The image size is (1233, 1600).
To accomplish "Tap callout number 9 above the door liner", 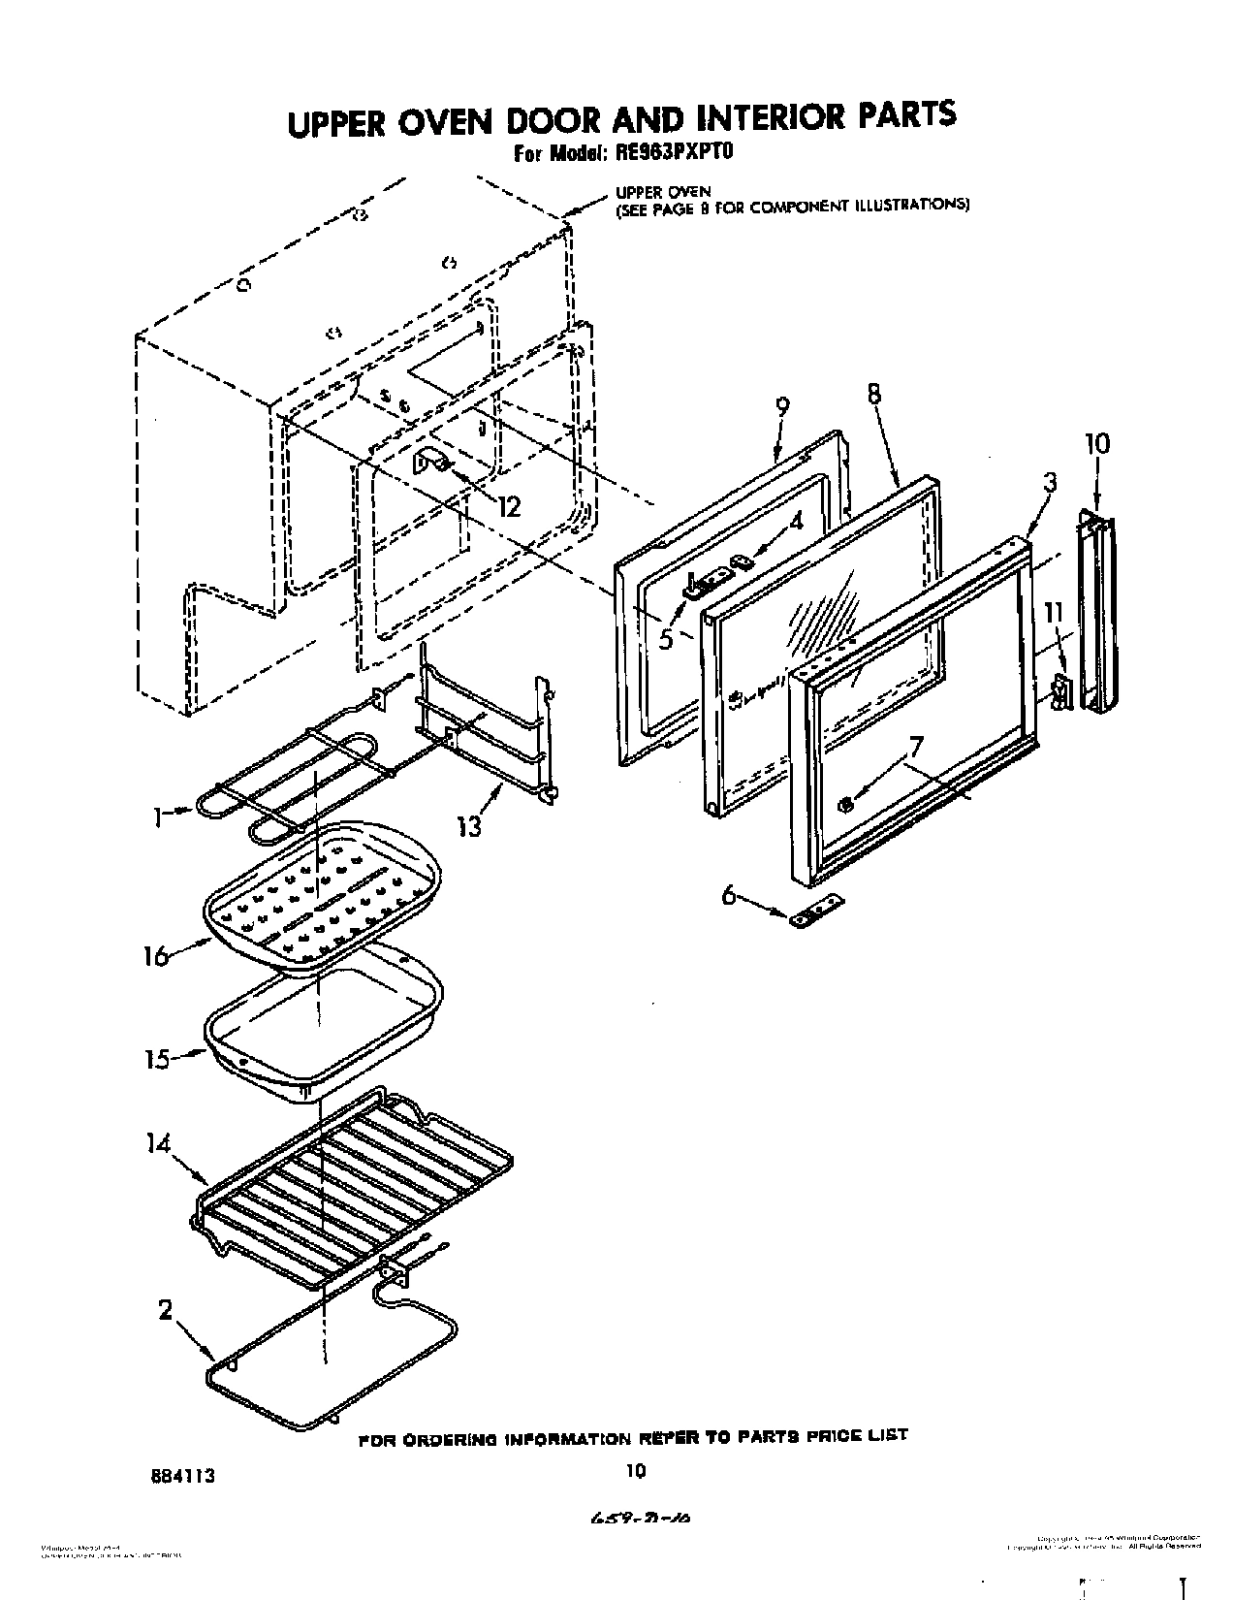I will (x=782, y=407).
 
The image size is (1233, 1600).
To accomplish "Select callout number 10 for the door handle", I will (x=1096, y=443).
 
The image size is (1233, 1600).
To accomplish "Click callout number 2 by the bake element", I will (x=166, y=1311).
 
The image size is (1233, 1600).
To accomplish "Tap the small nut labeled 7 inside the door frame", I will (x=845, y=804).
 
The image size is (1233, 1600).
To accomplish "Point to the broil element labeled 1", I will (x=281, y=785).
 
